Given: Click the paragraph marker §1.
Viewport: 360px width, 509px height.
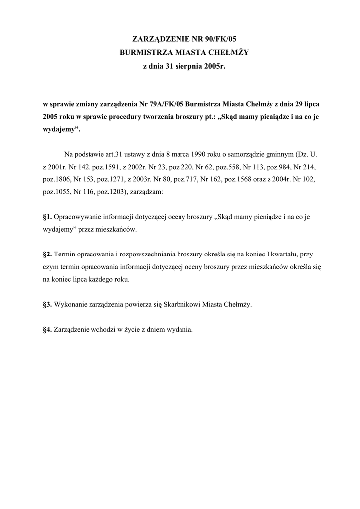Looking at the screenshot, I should click(x=47, y=217).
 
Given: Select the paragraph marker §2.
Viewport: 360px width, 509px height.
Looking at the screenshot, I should click(x=47, y=254).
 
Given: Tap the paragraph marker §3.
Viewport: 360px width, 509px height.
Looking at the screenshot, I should click(x=47, y=304).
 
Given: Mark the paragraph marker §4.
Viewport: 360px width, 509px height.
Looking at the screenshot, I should click(x=47, y=329).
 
